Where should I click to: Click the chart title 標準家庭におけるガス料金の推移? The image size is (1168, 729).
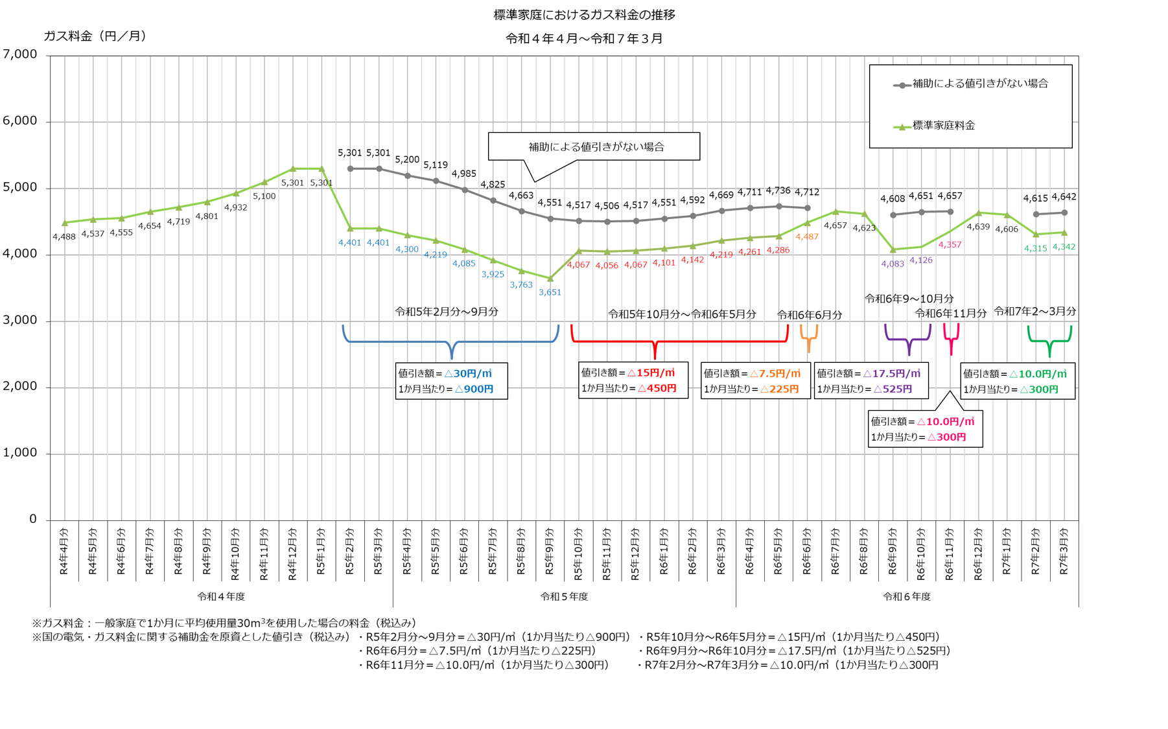pos(584,15)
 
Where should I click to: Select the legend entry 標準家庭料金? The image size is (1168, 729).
pos(943,126)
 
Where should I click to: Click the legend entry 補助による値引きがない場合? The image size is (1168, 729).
pos(979,84)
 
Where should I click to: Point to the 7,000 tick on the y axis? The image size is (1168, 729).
pos(20,54)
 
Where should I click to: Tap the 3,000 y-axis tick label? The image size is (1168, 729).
pos(20,320)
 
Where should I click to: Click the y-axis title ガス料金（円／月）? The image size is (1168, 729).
pos(95,36)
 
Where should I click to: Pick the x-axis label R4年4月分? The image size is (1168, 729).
pos(64,551)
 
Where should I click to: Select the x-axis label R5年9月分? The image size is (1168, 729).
pos(550,551)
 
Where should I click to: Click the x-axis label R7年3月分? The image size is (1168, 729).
pos(1064,551)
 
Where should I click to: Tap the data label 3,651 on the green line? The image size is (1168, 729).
pos(550,292)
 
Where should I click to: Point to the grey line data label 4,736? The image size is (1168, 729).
pos(778,191)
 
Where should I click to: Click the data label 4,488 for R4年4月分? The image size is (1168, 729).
pos(64,237)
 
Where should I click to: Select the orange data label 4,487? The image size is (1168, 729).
pos(807,237)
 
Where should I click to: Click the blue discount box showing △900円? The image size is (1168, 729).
pos(451,381)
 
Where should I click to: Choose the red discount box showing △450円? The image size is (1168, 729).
pos(633,380)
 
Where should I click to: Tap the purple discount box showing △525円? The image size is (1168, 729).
pos(870,381)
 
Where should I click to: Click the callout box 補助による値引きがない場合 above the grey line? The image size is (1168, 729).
pos(594,146)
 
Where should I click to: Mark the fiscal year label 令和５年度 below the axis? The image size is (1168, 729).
pos(564,596)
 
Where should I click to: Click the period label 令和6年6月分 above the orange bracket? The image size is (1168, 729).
pos(810,315)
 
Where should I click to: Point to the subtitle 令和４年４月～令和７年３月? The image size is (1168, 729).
pos(584,39)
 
